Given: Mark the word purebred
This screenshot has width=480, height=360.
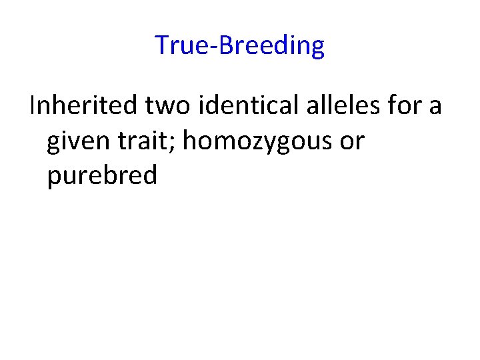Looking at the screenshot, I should click(102, 176).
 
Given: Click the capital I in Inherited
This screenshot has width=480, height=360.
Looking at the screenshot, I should click(32, 105).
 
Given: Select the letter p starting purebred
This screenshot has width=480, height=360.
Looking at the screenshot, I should click(53, 178).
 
